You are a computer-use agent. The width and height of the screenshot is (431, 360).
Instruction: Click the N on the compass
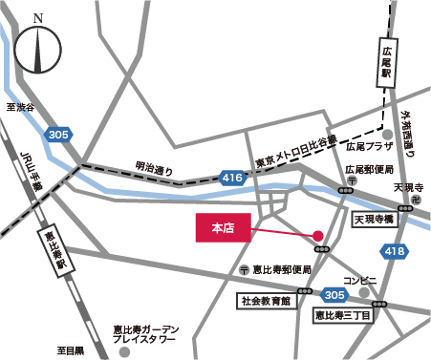(x=37, y=18)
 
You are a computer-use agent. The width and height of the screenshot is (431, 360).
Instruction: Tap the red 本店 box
(x=223, y=228)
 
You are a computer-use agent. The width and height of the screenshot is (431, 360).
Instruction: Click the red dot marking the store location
(x=318, y=236)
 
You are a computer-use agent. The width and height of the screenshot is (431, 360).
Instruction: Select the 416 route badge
(x=232, y=177)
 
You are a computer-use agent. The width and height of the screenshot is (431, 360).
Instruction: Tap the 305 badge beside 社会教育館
(x=334, y=294)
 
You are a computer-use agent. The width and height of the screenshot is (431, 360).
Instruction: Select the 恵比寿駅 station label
(x=50, y=251)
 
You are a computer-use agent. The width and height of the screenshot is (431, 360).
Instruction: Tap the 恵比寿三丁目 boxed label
(x=348, y=313)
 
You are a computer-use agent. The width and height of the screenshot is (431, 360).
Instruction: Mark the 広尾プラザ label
(x=370, y=148)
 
